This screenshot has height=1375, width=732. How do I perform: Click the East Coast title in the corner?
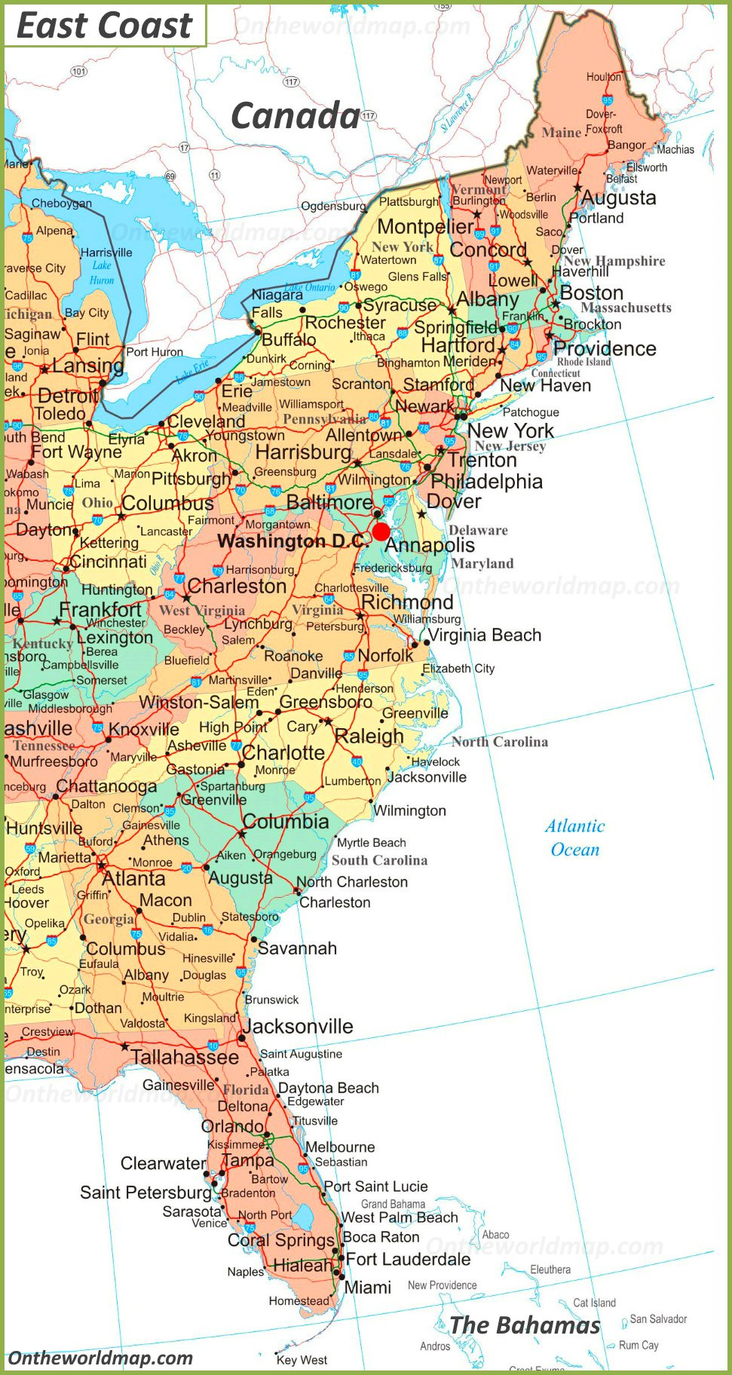(x=104, y=26)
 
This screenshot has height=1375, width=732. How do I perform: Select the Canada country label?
(x=295, y=116)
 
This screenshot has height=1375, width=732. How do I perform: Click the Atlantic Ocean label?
(x=575, y=838)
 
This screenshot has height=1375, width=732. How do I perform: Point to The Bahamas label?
(x=525, y=1324)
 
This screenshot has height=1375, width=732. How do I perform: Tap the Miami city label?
(x=368, y=1288)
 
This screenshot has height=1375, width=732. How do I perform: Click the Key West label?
(x=302, y=1360)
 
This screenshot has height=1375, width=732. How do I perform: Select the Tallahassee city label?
(x=185, y=1058)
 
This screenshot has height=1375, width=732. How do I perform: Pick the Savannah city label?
(x=298, y=948)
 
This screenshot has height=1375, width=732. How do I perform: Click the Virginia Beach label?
(x=485, y=635)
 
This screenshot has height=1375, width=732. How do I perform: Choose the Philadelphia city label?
(x=487, y=481)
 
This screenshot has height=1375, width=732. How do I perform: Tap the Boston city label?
(x=592, y=292)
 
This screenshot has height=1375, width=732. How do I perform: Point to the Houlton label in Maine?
(x=604, y=77)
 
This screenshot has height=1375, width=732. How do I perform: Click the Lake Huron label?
(x=102, y=272)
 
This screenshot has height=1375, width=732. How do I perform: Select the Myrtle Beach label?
(x=371, y=843)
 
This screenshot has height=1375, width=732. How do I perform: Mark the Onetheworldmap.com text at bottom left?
(x=100, y=1358)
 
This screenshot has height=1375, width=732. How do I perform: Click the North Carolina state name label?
(x=500, y=742)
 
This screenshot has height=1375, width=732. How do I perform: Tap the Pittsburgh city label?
(x=191, y=479)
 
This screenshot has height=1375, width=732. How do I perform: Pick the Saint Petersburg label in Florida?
(x=146, y=1193)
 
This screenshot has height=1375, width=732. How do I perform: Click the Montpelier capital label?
(x=426, y=226)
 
